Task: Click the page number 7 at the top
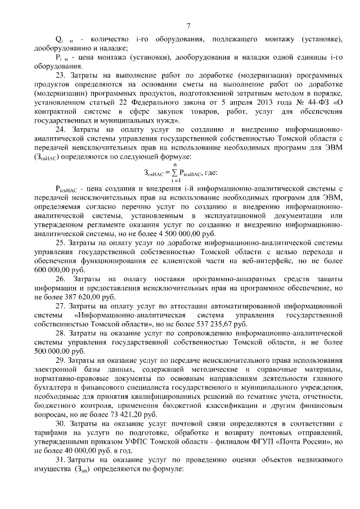click(188, 25)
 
